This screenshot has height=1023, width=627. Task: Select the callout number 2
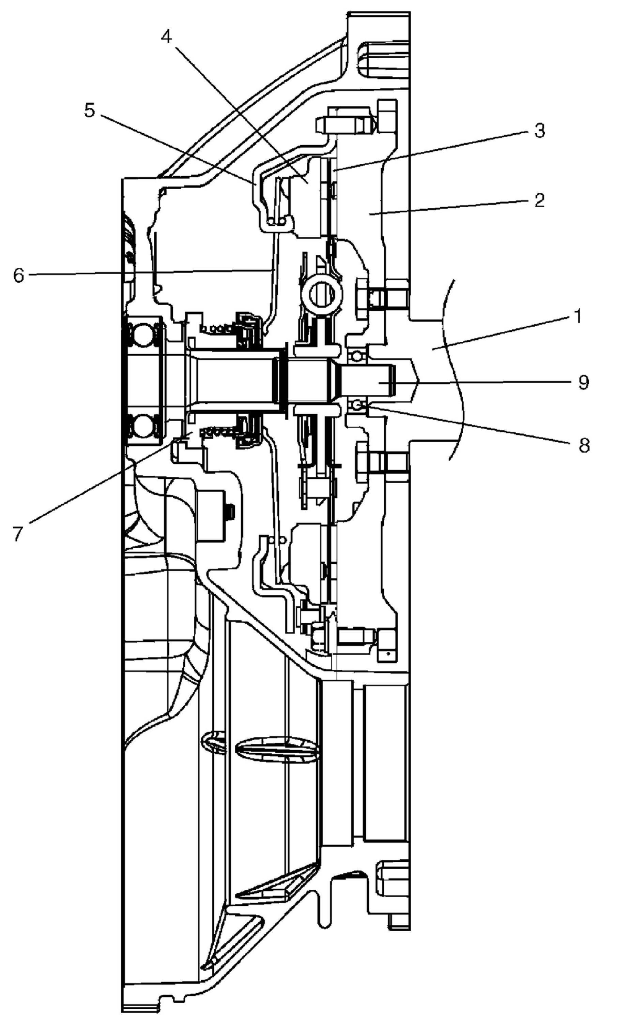(539, 201)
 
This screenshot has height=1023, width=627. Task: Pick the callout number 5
(89, 110)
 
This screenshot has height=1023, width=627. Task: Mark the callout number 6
(19, 275)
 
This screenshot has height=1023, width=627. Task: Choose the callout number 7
(17, 534)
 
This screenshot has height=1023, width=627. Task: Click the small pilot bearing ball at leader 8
(356, 404)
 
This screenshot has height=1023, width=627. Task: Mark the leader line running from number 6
(145, 272)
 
